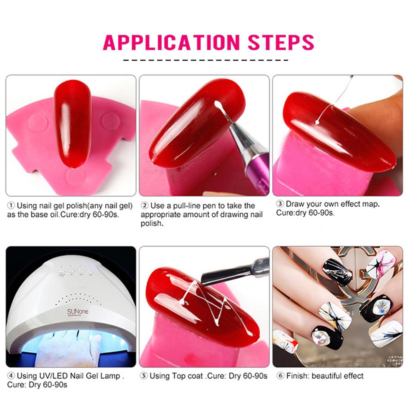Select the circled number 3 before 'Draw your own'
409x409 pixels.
pyautogui.click(x=280, y=204)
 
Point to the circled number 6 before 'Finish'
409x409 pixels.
pyautogui.click(x=280, y=376)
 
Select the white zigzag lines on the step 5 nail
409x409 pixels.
pyautogui.click(x=204, y=305)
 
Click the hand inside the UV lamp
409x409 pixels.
pyautogui.click(x=70, y=348)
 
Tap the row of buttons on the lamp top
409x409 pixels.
pyautogui.click(x=76, y=270)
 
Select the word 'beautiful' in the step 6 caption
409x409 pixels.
pyautogui.click(x=327, y=376)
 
